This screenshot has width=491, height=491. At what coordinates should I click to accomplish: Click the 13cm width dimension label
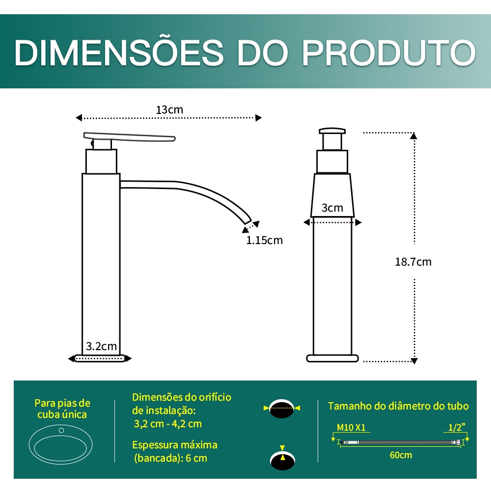point(169,110)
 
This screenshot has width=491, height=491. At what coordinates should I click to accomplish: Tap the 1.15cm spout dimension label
point(264,240)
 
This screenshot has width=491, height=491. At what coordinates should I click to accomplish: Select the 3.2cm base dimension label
point(101,346)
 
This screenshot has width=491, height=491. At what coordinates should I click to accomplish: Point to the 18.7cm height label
point(413,262)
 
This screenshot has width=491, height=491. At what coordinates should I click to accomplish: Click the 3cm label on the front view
point(332,208)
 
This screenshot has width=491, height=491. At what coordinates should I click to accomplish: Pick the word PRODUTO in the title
point(388,53)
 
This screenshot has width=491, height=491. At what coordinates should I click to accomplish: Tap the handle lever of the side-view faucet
point(129,136)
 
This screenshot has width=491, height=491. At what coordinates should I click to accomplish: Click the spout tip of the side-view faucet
point(247,220)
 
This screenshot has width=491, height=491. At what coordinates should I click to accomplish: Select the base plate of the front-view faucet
point(332,358)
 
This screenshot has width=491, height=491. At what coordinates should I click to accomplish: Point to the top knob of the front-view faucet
point(332,131)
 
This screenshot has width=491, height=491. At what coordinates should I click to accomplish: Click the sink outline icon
point(61,444)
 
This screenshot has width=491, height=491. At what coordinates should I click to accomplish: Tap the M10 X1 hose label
point(351,428)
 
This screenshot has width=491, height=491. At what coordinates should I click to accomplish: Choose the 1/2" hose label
point(457,427)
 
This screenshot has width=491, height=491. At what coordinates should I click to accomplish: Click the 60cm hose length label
point(401,455)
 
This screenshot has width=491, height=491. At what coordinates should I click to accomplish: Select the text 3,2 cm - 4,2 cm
point(168,424)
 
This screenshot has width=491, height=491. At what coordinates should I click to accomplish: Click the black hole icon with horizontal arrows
point(281,409)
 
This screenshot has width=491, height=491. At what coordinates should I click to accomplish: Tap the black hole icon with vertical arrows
point(282,459)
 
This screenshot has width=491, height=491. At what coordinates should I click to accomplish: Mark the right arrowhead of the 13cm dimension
point(259,118)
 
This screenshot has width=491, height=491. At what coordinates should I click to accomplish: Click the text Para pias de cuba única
point(62,409)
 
